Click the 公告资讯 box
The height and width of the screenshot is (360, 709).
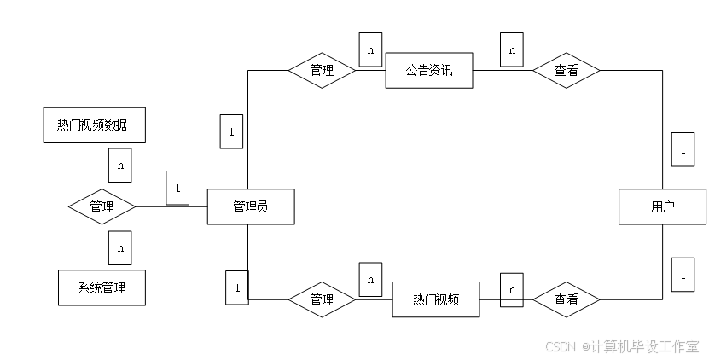point(428,71)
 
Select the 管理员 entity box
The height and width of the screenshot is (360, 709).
point(251,206)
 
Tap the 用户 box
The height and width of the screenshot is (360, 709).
point(663,206)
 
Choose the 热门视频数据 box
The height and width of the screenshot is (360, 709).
point(94,125)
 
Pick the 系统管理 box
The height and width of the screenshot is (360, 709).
point(102,287)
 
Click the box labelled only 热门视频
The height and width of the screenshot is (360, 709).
point(436,299)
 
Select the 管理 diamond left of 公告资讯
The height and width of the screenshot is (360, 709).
point(322,71)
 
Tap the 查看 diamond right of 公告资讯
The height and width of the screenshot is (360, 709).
point(566,71)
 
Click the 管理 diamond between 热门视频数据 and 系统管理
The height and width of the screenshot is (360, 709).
point(102,206)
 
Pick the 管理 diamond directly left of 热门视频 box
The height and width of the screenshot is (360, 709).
point(322,299)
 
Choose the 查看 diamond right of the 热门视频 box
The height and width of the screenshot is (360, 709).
point(566,299)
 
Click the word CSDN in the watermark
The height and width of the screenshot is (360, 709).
point(560,345)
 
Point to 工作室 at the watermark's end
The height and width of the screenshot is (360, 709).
point(680,345)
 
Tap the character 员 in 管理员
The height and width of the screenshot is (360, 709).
point(262,206)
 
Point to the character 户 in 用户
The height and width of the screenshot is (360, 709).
point(669,206)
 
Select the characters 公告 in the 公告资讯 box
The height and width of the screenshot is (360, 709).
point(417,71)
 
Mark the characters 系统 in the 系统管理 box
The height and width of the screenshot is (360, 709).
point(90,287)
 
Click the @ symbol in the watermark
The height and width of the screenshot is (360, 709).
point(584,345)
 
